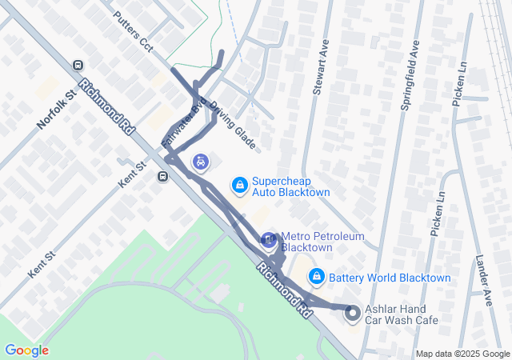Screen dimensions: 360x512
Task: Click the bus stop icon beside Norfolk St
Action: [78, 66]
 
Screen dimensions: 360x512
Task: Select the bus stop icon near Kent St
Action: [162, 177]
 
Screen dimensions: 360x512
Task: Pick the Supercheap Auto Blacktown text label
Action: [291, 186]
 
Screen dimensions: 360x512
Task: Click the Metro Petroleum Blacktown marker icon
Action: [269, 239]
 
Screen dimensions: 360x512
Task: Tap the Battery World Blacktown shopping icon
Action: [316, 276]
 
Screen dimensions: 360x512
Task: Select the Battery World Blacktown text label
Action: [390, 278]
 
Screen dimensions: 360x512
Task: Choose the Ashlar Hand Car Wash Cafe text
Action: [402, 314]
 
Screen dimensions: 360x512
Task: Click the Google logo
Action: [26, 350]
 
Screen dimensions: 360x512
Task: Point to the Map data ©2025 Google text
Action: [462, 354]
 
